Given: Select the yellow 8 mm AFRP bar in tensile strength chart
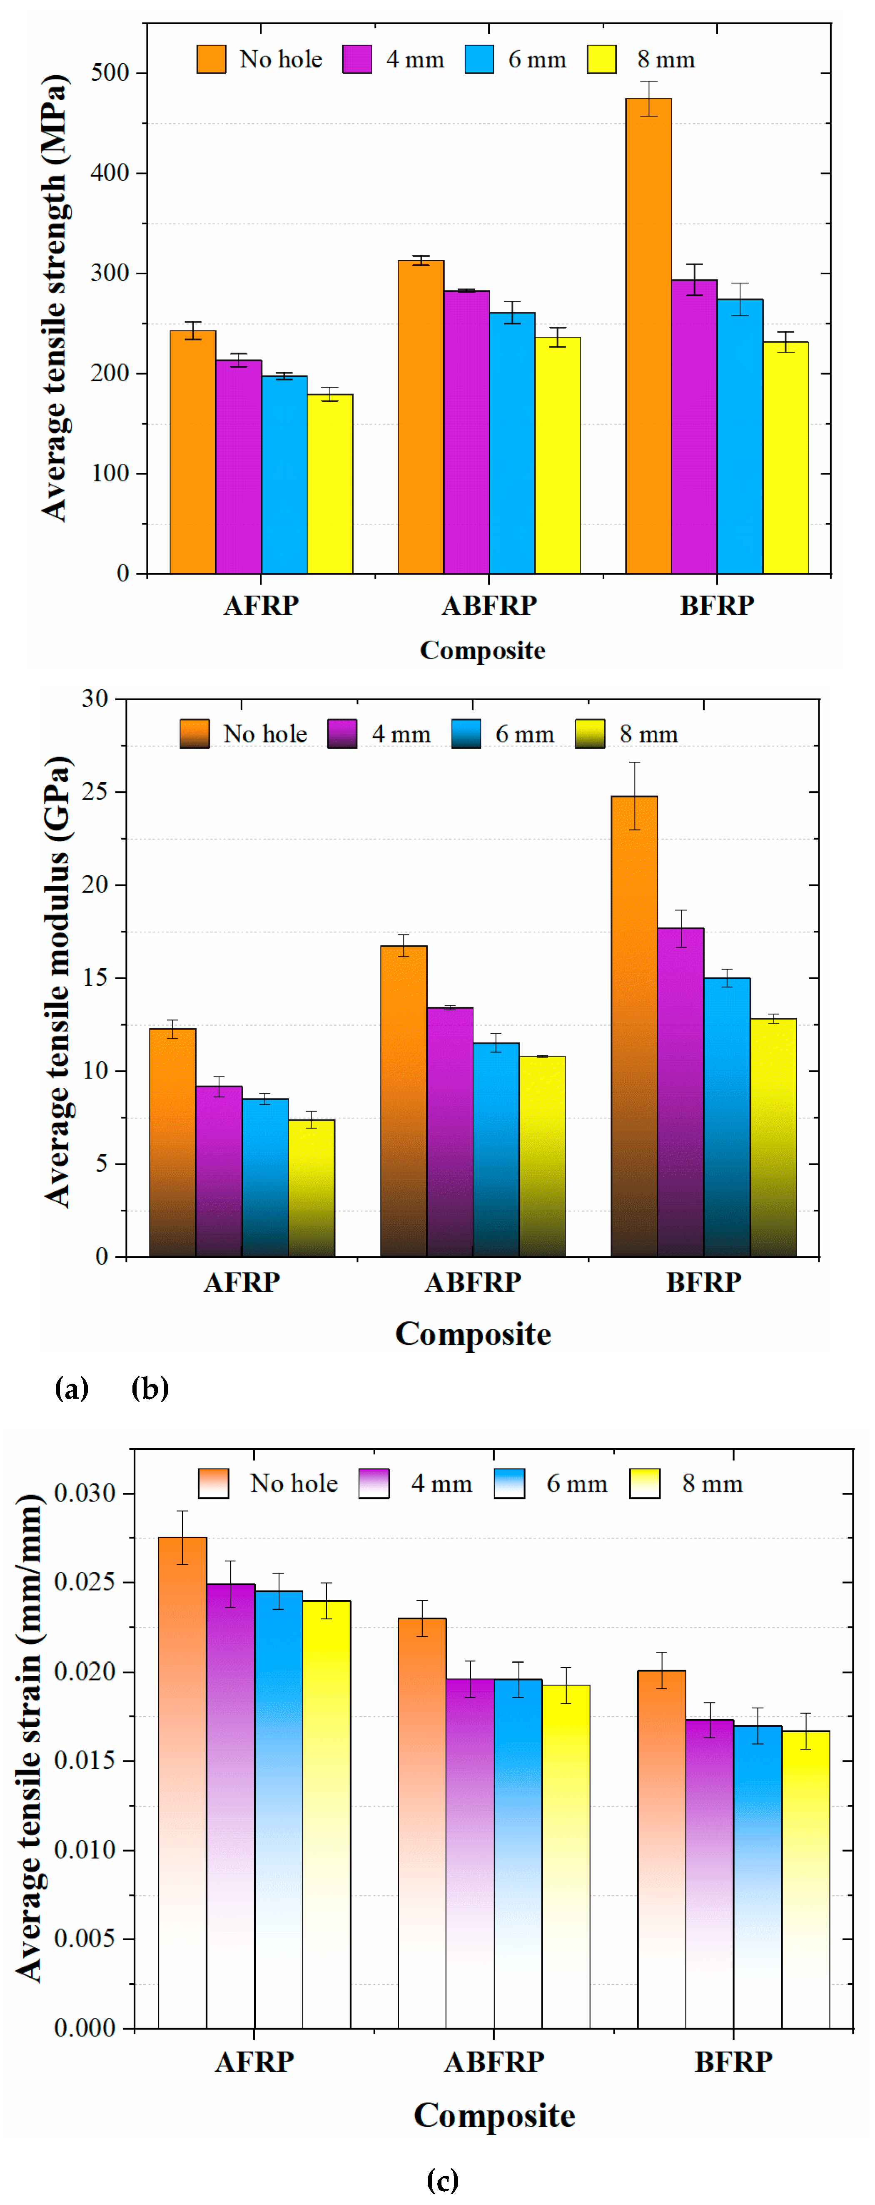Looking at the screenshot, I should coord(329,484).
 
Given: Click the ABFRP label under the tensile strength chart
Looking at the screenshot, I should coord(489,605).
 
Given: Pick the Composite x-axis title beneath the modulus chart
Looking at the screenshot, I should coord(473,1334).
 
